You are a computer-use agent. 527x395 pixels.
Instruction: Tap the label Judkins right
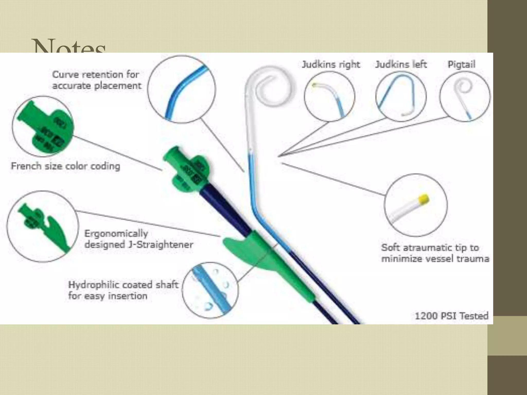point(331,64)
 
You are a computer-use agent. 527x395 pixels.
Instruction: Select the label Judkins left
point(401,64)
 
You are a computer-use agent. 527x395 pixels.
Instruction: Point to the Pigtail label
point(461,64)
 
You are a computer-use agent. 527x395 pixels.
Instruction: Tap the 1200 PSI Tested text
point(452,316)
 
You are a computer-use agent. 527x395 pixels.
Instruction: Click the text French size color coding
point(66,166)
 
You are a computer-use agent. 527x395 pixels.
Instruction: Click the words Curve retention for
point(95,75)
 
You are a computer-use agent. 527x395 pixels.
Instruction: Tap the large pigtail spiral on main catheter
point(270,87)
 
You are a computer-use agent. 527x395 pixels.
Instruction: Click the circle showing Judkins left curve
point(401,96)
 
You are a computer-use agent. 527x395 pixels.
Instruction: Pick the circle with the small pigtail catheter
point(465,96)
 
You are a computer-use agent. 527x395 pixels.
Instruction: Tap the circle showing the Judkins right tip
point(329,96)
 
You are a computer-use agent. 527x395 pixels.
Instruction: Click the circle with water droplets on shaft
point(210,290)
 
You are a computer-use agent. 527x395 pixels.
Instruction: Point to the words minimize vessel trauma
point(435,259)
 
